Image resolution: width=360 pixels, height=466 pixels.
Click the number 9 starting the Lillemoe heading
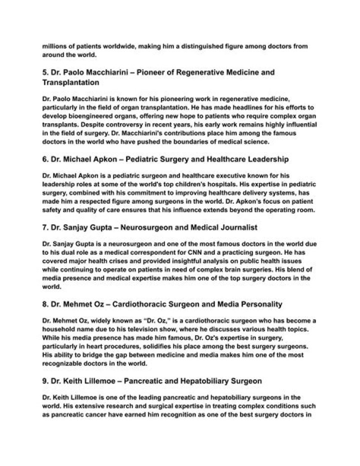point(45,381)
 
